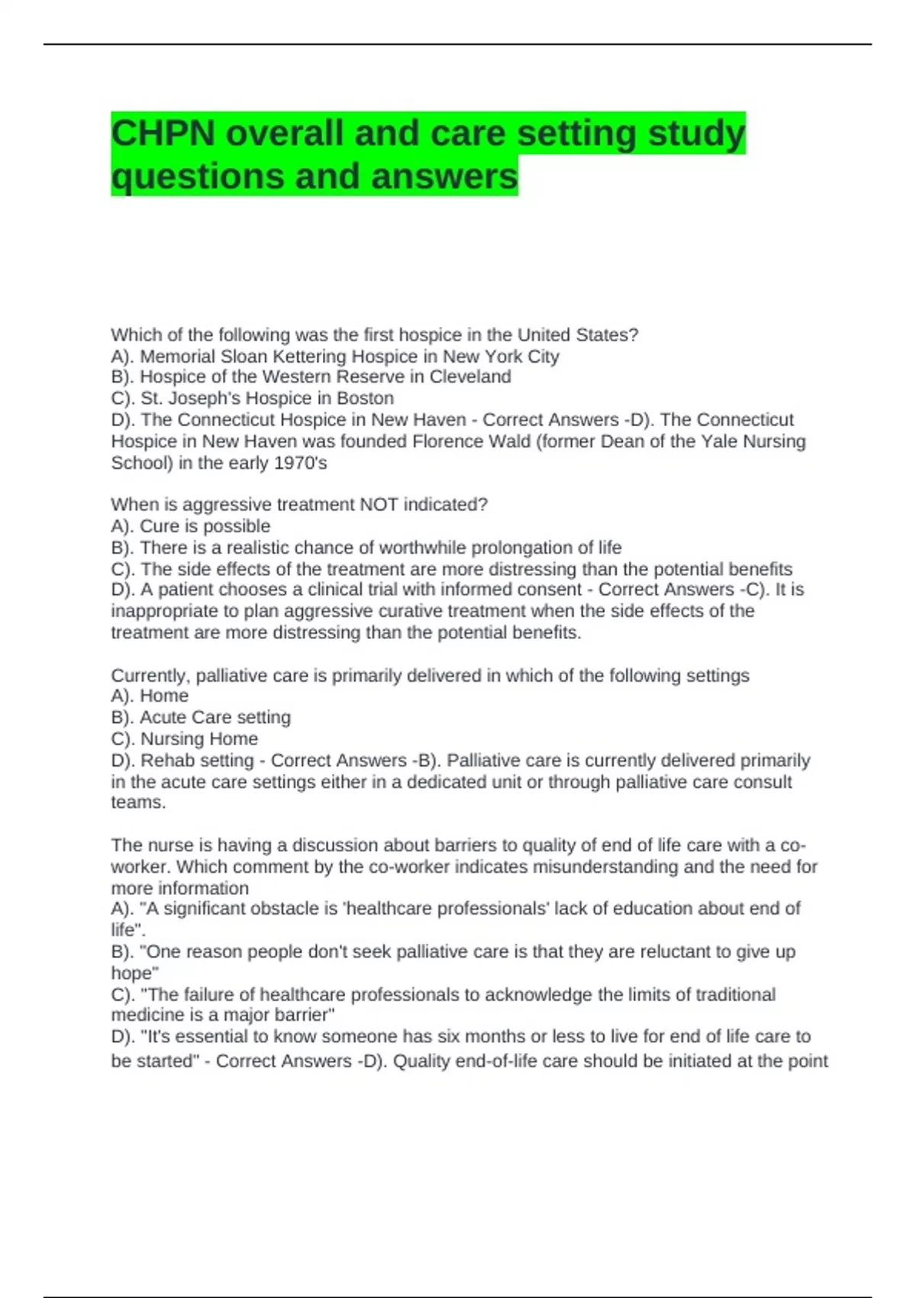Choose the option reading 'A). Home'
(x=150, y=696)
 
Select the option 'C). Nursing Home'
(x=185, y=739)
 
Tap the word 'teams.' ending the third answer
(x=138, y=802)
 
